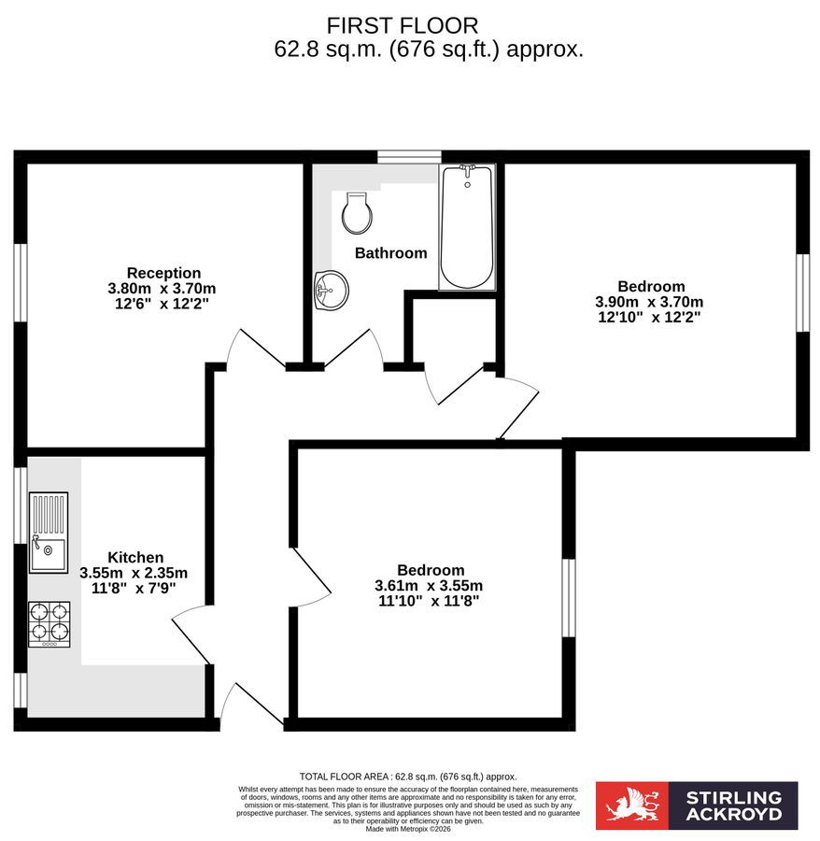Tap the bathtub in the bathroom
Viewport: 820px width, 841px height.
pos(467,227)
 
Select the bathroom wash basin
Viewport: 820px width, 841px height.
pos(330,288)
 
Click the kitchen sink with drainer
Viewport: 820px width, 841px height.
pos(49,532)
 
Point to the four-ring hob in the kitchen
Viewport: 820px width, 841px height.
pos(49,623)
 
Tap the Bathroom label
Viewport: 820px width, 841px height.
pos(390,253)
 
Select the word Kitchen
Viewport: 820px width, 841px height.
pos(135,557)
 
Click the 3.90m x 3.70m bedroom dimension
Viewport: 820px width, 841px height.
pos(650,302)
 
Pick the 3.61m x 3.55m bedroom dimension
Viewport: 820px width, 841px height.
pos(430,586)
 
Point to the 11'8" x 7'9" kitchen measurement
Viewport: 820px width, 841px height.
pos(135,589)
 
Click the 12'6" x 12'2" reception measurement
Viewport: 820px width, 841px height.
pos(162,304)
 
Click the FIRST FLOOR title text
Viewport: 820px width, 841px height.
pos(403,25)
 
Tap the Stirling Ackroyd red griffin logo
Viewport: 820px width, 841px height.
pos(632,806)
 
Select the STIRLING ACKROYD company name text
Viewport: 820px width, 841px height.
pos(733,806)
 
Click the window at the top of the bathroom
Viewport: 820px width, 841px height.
pos(409,156)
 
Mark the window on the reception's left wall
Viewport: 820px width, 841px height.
pos(20,284)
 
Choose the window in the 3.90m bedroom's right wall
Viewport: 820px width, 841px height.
pos(802,292)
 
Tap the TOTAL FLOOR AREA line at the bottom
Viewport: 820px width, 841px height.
pos(407,777)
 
